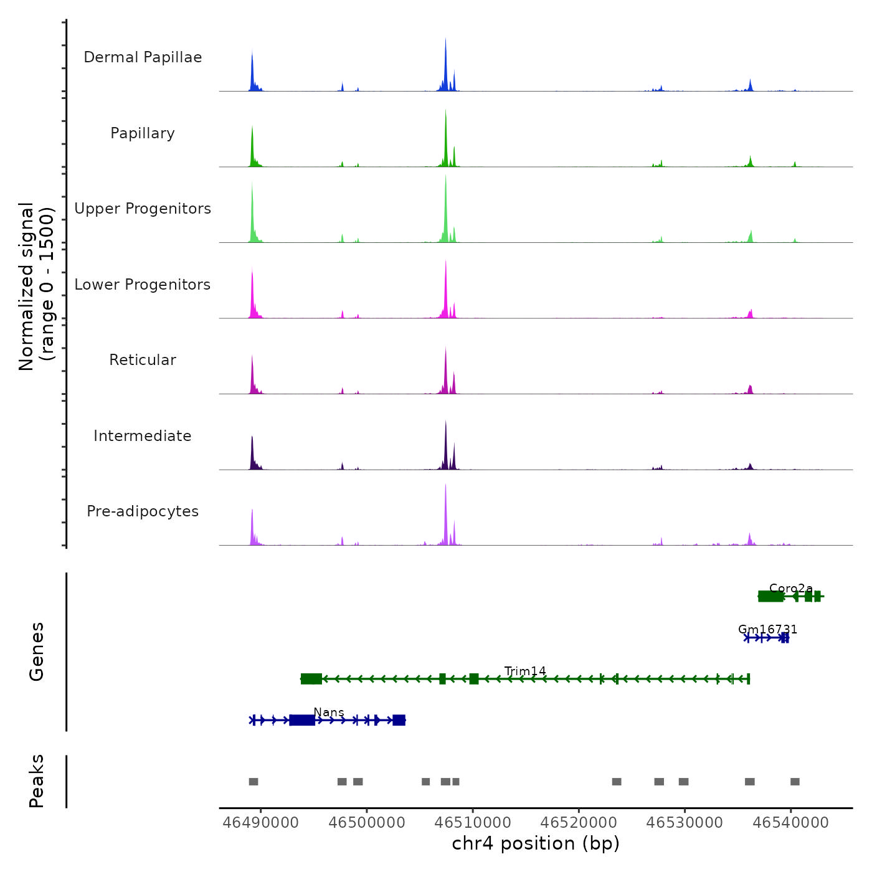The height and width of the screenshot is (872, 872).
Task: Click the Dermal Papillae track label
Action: pos(143,57)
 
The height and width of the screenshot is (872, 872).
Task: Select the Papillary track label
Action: pos(143,133)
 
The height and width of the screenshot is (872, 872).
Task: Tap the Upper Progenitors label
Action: pos(143,209)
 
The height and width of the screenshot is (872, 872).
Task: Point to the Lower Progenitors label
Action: pos(143,285)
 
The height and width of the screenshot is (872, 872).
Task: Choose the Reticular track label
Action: pos(143,360)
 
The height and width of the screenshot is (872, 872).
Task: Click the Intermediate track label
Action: pos(143,436)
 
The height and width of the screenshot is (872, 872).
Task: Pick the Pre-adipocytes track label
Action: pos(143,511)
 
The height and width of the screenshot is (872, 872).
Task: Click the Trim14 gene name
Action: pos(525,671)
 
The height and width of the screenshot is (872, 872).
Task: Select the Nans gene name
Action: pos(329,713)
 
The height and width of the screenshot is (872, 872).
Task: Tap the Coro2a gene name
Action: pos(791,588)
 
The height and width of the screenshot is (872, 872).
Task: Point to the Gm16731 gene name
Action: pos(767,630)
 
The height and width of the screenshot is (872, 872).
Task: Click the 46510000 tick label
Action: pos(473,823)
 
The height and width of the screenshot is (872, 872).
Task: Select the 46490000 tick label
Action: pos(260,823)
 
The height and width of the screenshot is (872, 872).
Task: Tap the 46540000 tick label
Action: pos(791,823)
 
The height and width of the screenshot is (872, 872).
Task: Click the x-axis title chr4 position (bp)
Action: pos(536,843)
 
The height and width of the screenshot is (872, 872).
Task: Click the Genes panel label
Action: pos(37,652)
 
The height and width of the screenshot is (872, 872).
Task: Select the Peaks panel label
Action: pos(37,781)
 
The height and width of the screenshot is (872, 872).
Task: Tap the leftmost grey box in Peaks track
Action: pos(254,782)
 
